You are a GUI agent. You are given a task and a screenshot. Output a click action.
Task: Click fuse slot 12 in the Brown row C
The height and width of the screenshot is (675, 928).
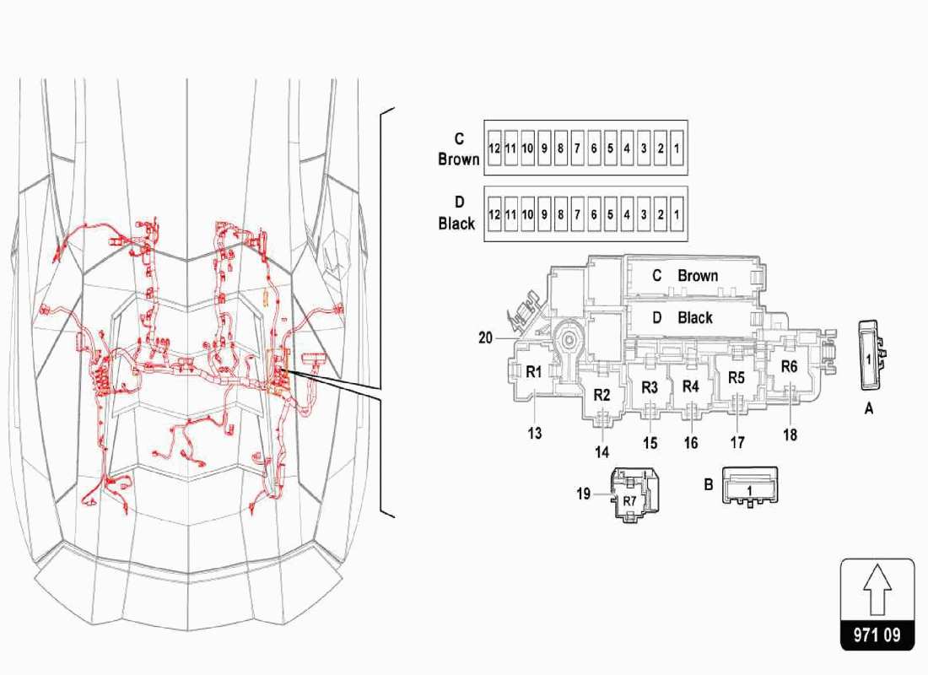tap(494, 148)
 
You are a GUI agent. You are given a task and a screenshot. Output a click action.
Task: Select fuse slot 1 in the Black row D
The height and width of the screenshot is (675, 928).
tap(677, 214)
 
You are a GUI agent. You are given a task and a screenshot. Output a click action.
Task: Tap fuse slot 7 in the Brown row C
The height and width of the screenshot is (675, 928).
tap(577, 148)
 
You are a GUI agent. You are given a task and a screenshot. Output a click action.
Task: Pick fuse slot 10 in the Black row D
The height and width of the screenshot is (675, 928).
tap(527, 214)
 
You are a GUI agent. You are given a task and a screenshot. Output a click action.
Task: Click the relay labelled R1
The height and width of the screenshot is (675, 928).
tap(534, 372)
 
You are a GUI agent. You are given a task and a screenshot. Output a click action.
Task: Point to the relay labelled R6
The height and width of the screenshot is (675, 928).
tap(789, 366)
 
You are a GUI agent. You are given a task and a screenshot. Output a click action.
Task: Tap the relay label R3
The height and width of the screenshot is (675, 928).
tap(650, 387)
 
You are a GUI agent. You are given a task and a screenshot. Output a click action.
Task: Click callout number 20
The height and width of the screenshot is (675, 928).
tap(485, 337)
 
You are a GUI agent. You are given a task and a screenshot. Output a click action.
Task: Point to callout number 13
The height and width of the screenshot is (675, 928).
tap(535, 434)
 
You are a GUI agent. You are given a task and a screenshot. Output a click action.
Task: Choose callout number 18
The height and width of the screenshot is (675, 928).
tap(790, 435)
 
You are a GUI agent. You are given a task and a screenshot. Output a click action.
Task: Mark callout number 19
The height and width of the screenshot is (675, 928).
tap(584, 494)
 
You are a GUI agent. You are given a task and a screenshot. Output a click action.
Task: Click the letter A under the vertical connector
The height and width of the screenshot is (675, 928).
tap(868, 407)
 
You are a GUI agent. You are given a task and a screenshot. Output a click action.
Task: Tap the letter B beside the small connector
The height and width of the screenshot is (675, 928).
tap(709, 485)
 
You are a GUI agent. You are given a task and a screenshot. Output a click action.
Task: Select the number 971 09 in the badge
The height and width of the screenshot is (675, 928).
tap(877, 634)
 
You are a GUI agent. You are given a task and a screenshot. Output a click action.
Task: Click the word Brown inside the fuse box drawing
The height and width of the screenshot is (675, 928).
tap(698, 276)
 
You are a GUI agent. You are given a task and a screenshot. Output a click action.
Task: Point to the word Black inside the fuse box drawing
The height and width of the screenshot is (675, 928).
tap(695, 318)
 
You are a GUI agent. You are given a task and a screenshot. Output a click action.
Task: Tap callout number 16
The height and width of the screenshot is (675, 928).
tap(691, 443)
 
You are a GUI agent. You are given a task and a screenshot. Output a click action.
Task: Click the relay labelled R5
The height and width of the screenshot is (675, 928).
tap(736, 377)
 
